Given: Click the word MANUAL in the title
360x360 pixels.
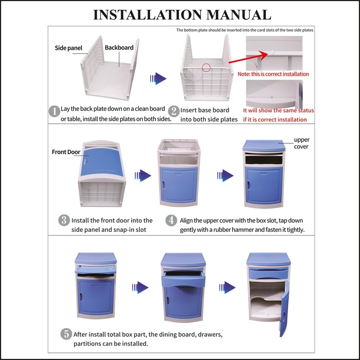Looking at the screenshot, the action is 239,15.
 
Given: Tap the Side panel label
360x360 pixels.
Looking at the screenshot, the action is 68,48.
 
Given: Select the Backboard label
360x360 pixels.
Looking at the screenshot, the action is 119,48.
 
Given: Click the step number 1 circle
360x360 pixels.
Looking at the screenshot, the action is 54,111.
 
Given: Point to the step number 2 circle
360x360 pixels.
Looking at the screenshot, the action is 174,111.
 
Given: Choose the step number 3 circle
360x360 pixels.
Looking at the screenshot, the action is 64,220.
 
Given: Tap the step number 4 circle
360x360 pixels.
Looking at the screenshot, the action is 171,220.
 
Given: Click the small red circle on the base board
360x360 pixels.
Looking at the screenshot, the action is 206,68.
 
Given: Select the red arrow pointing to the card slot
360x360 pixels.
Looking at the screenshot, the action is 248,57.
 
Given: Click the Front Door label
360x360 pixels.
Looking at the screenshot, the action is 66,152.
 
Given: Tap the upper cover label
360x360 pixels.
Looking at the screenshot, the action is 301,143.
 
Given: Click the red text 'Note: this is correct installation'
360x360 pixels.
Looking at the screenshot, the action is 273,74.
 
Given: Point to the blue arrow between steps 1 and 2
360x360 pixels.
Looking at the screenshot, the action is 158,78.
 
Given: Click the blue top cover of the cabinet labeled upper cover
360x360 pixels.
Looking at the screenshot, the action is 264,145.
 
